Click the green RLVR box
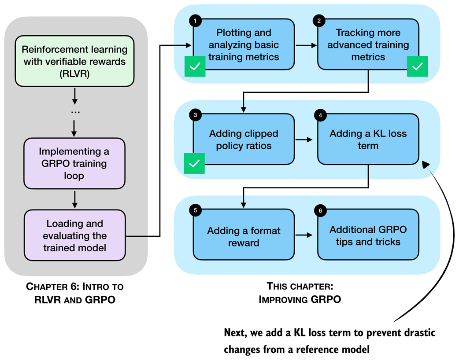(x=74, y=61)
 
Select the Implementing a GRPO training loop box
(x=74, y=163)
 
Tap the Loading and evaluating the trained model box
(x=74, y=235)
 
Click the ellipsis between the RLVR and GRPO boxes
(x=74, y=112)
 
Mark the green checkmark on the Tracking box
(x=417, y=67)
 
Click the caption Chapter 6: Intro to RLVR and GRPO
(x=74, y=293)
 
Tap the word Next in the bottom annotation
(x=237, y=333)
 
